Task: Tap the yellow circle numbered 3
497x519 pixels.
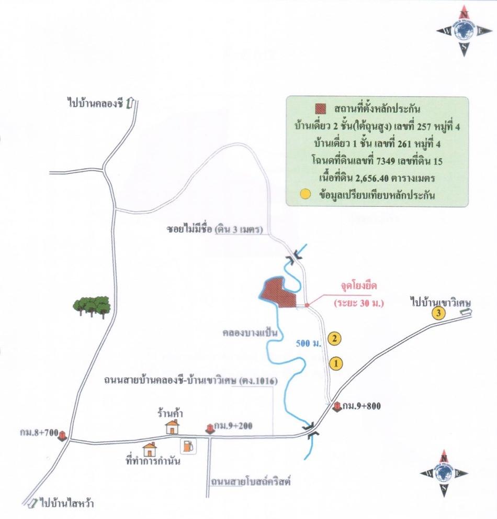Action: pyautogui.click(x=438, y=314)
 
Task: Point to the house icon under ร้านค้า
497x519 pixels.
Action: pyautogui.click(x=172, y=427)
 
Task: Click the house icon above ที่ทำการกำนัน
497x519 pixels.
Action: pyautogui.click(x=150, y=449)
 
